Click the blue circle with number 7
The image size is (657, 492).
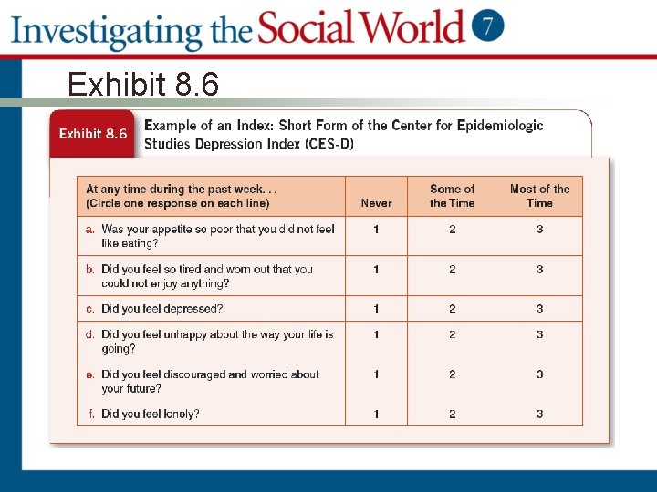pyautogui.click(x=488, y=26)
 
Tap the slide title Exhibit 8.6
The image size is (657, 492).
pyautogui.click(x=143, y=85)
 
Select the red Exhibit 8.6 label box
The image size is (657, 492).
pyautogui.click(x=93, y=134)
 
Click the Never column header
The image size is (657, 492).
pyautogui.click(x=376, y=203)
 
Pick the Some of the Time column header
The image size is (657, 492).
pyautogui.click(x=452, y=196)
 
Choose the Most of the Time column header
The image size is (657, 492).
pyautogui.click(x=539, y=196)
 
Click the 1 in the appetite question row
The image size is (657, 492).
pyautogui.click(x=376, y=230)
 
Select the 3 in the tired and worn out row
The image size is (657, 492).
pyautogui.click(x=539, y=270)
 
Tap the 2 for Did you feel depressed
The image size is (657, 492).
pyautogui.click(x=452, y=309)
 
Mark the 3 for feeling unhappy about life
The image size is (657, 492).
pyautogui.click(x=539, y=334)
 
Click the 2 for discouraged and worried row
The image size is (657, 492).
pyautogui.click(x=452, y=374)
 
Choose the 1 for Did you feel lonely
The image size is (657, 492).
pyautogui.click(x=376, y=414)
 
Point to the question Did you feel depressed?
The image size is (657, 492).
pyautogui.click(x=162, y=309)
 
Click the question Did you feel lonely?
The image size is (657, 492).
pyautogui.click(x=151, y=414)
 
